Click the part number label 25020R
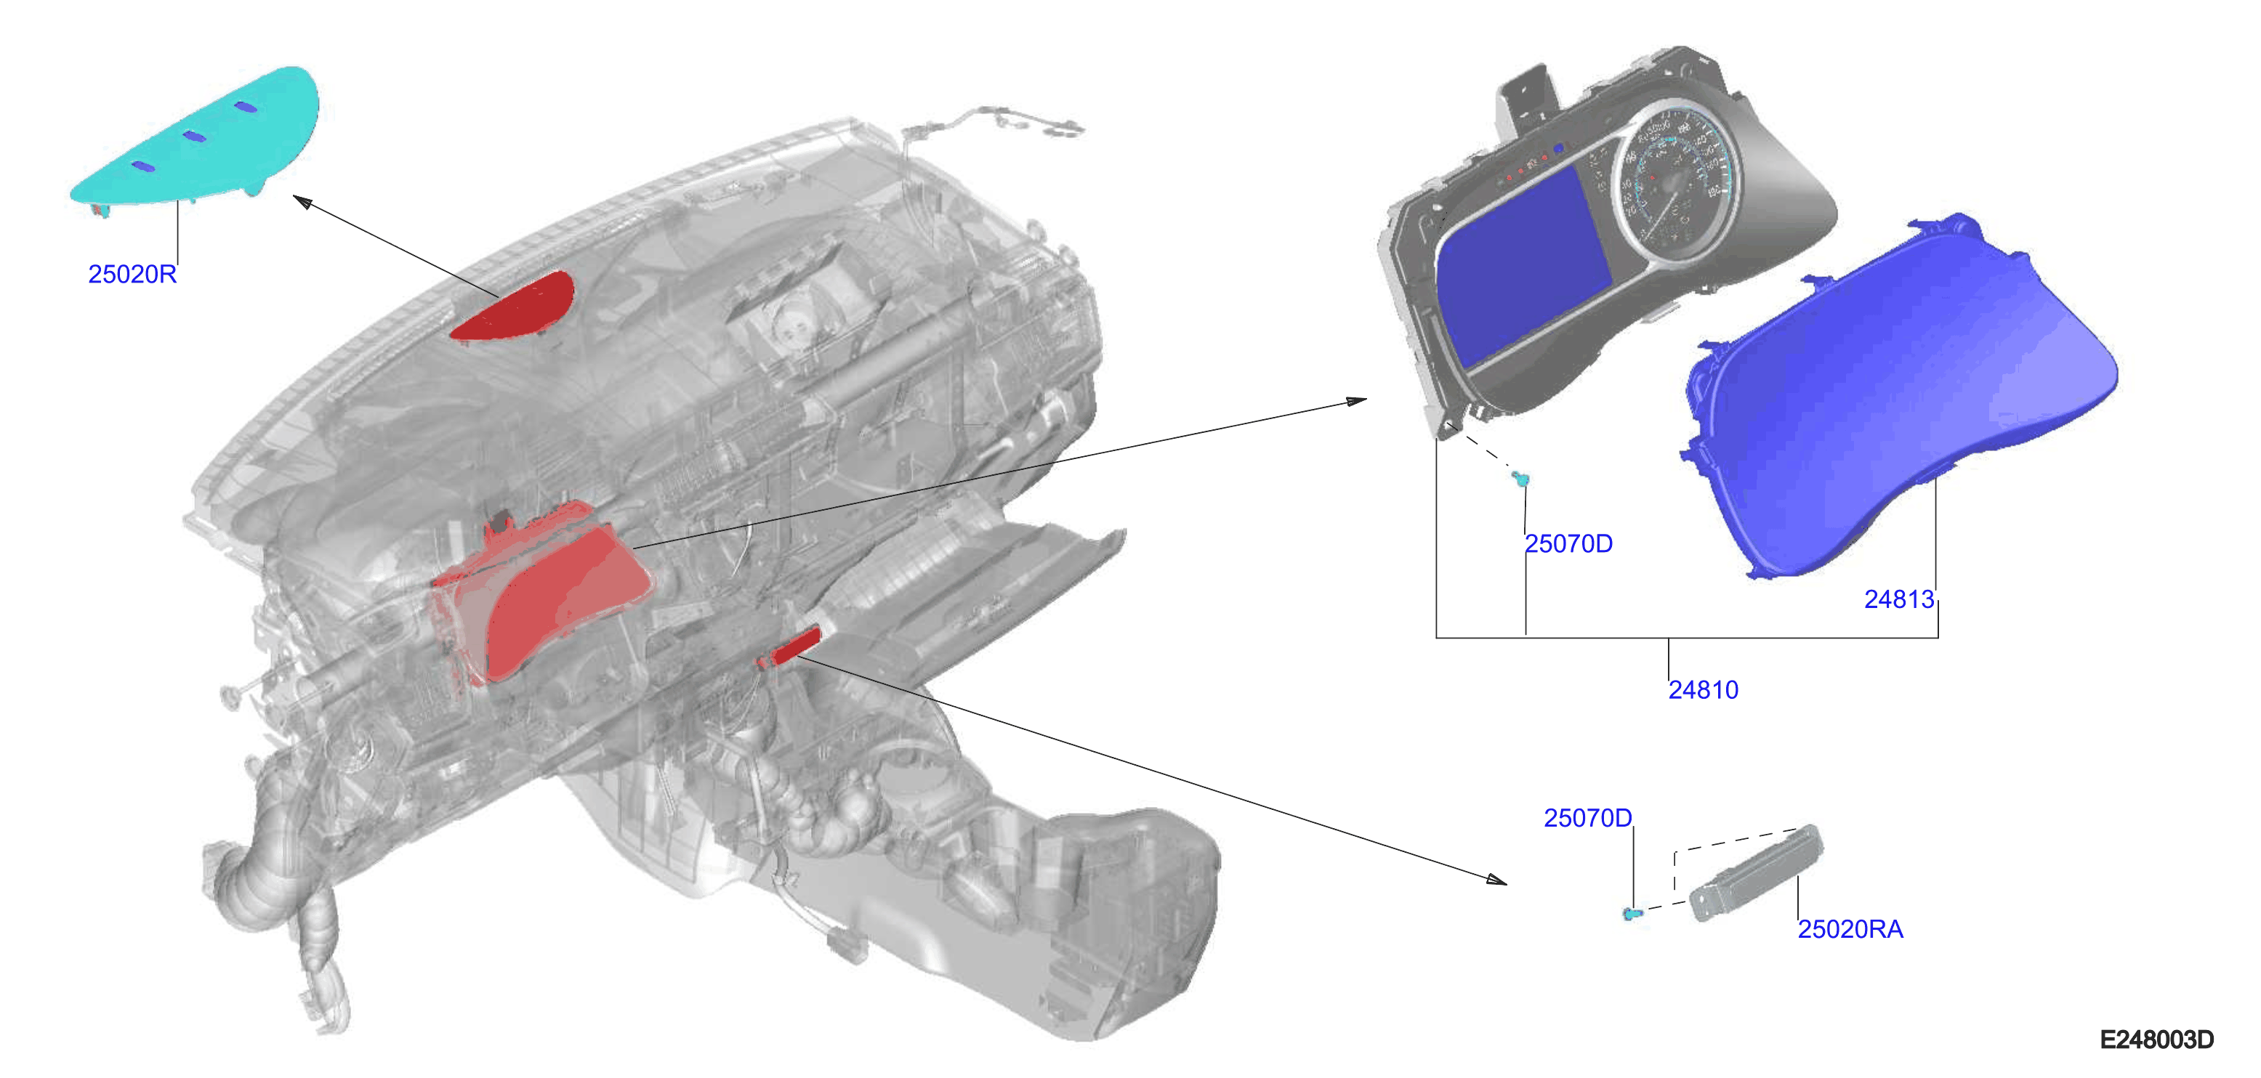click(132, 275)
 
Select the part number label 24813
click(1899, 599)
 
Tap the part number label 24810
click(1703, 690)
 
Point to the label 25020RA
click(1850, 929)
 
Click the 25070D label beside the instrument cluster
click(1568, 544)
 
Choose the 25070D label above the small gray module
click(1588, 819)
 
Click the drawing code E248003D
click(2156, 1040)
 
